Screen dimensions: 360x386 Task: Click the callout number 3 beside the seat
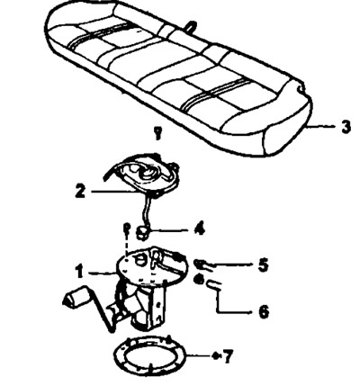point(346,127)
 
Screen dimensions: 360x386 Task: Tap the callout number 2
point(80,191)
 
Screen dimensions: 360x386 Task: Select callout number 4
point(199,229)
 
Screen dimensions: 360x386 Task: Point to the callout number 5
point(263,265)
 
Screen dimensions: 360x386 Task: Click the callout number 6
point(264,312)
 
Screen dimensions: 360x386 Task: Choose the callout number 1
point(79,272)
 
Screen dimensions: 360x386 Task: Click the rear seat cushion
point(178,78)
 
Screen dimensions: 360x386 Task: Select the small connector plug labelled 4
point(142,233)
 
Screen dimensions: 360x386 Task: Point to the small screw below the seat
point(157,132)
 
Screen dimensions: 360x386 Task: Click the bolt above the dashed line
point(127,229)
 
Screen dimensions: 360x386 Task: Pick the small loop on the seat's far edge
point(190,25)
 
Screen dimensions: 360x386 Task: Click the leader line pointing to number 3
point(320,127)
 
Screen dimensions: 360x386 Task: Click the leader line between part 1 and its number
point(102,273)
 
